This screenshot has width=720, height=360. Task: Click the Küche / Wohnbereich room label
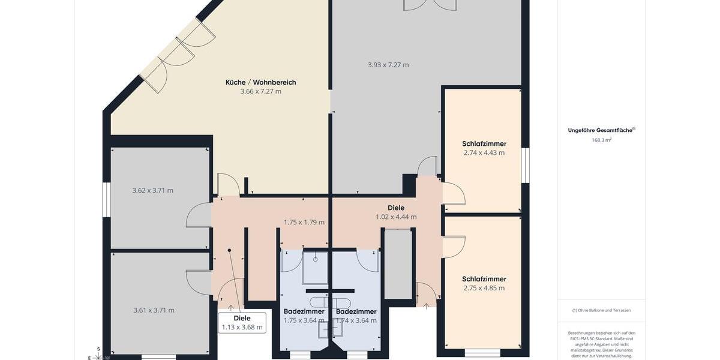(x=260, y=82)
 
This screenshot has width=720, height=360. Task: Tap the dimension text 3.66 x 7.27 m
(x=260, y=92)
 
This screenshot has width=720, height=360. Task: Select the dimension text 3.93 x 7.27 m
(x=388, y=65)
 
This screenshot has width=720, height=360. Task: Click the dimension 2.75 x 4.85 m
(x=484, y=288)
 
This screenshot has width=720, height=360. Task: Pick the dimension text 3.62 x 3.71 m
(x=152, y=191)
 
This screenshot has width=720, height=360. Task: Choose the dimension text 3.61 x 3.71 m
(x=154, y=310)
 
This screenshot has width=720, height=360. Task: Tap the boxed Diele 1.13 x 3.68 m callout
(x=242, y=323)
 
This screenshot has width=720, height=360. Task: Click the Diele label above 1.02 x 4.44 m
(x=396, y=208)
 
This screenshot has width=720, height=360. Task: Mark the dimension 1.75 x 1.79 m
(x=304, y=222)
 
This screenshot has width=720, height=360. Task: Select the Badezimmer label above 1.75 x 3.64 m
(x=304, y=311)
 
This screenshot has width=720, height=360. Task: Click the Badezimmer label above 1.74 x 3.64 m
(x=356, y=311)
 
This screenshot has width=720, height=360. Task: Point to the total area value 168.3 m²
(x=601, y=140)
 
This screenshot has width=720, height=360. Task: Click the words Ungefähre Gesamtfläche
(x=601, y=130)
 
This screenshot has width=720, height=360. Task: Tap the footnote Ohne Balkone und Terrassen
(x=601, y=310)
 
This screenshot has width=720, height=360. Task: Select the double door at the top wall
(x=430, y=5)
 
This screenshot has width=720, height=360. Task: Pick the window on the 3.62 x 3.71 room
(x=106, y=199)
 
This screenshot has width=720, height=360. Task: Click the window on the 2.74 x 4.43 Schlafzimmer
(x=526, y=165)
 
